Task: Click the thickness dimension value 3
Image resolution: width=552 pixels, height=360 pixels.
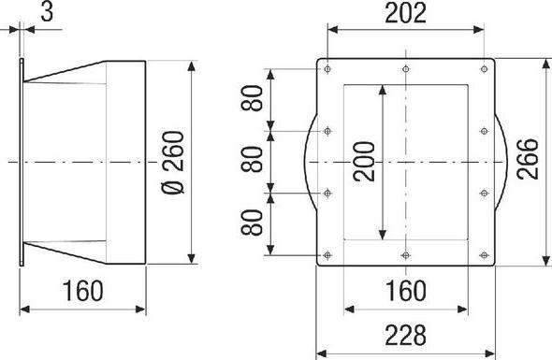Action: (47, 12)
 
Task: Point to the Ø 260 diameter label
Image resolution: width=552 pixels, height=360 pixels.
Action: (173, 163)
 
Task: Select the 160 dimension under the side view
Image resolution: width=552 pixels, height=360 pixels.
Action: (82, 291)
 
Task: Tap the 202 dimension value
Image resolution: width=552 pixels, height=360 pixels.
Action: (405, 13)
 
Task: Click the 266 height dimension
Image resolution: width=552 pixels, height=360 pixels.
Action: (528, 159)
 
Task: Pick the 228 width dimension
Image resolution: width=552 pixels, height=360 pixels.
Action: (405, 336)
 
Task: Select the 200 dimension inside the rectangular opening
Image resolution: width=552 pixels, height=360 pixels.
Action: (364, 162)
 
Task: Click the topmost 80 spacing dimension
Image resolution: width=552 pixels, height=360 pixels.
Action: (252, 98)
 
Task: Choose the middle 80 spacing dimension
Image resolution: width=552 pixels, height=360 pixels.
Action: (252, 159)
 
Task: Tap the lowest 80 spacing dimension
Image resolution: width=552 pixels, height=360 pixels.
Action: (252, 223)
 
